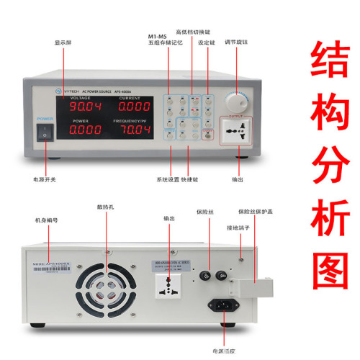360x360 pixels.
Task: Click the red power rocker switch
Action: (47, 133)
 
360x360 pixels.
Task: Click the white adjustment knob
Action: (235, 101)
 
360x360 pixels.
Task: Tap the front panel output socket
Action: (235, 131)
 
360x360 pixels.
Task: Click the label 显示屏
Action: (65, 42)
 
